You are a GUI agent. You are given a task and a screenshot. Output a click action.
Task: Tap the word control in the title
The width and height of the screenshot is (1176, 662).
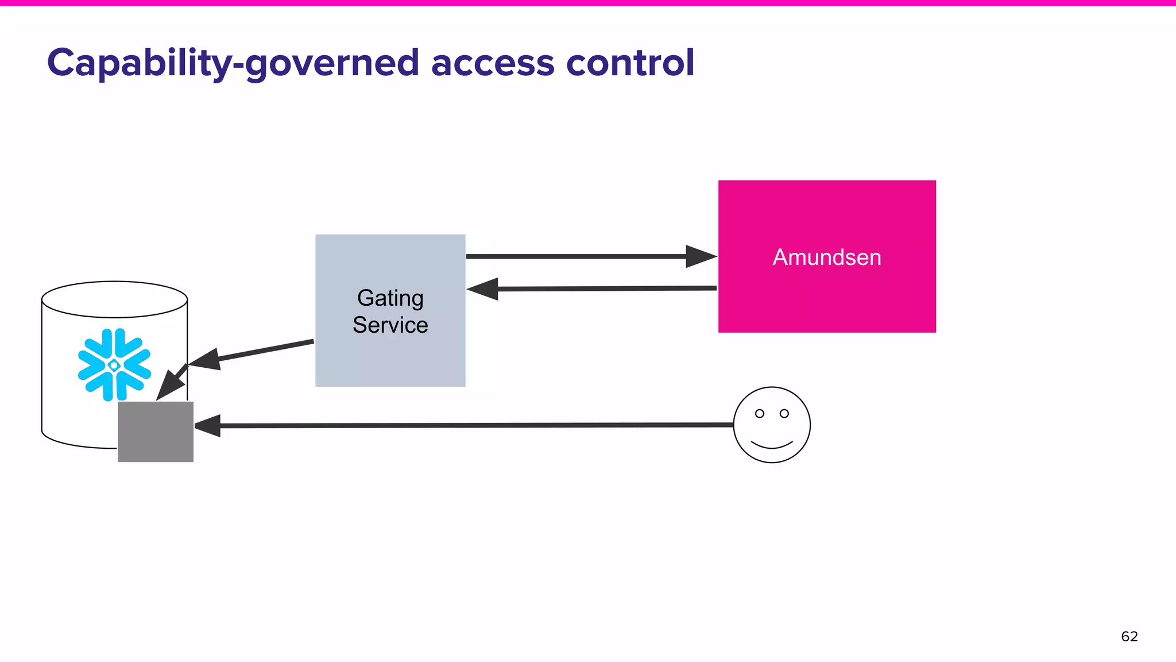630,63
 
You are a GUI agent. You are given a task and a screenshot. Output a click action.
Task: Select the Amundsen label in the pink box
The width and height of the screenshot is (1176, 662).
827,257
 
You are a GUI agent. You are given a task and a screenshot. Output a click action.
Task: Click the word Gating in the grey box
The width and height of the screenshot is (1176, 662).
390,298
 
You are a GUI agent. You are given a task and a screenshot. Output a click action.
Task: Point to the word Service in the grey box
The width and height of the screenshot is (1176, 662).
390,325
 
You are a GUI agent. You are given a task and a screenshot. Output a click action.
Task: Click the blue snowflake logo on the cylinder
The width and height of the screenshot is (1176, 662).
114,364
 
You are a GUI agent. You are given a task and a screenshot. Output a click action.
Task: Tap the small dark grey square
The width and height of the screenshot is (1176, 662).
156,432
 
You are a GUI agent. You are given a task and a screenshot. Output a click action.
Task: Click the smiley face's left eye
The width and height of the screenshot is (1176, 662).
760,414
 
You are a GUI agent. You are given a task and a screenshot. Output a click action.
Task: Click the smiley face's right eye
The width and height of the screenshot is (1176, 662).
784,414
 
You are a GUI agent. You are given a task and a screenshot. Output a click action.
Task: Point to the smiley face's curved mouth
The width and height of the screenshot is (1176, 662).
772,445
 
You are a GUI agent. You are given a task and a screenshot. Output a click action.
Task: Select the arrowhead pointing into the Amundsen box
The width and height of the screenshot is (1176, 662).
701,256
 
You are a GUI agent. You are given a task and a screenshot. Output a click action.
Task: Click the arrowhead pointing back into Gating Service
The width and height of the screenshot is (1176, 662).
483,289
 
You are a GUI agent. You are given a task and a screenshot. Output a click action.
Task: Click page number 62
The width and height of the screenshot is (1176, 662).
1129,637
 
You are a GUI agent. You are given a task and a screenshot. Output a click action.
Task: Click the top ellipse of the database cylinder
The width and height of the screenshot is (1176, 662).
114,299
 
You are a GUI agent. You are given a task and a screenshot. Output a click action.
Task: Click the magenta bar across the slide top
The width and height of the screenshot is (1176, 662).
588,3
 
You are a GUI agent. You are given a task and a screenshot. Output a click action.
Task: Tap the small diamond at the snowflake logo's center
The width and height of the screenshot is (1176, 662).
114,365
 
